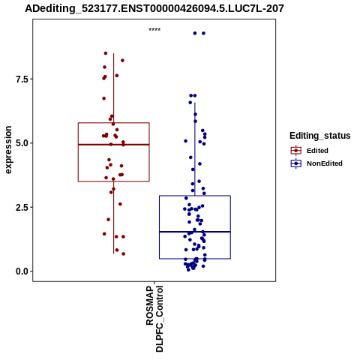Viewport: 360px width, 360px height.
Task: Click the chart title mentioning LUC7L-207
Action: click(154, 8)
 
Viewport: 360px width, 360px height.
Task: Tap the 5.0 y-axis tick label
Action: click(21, 143)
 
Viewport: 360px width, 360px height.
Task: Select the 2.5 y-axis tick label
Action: click(21, 208)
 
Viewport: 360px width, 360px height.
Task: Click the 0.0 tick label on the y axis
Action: click(21, 271)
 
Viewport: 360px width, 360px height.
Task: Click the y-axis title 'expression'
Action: click(8, 150)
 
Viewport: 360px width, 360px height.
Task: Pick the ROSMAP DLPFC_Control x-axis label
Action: click(154, 319)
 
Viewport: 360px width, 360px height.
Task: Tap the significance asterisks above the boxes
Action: click(154, 30)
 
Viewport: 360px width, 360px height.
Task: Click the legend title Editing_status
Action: click(320, 136)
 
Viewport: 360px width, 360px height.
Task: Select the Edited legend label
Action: click(317, 151)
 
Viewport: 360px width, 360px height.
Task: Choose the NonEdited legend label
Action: click(325, 163)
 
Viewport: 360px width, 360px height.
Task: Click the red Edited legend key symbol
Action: click(296, 151)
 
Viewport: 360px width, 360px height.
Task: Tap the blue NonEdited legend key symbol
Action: click(296, 163)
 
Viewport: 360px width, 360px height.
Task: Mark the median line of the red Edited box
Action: click(114, 145)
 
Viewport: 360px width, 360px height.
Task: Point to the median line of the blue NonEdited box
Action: click(195, 232)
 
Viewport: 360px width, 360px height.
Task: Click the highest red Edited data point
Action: click(106, 53)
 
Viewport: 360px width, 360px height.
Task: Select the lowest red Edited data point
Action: click(123, 254)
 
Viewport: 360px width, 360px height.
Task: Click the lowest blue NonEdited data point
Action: click(188, 270)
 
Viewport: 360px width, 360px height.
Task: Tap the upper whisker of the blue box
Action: click(195, 149)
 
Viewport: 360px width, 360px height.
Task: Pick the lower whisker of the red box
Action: click(114, 217)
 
